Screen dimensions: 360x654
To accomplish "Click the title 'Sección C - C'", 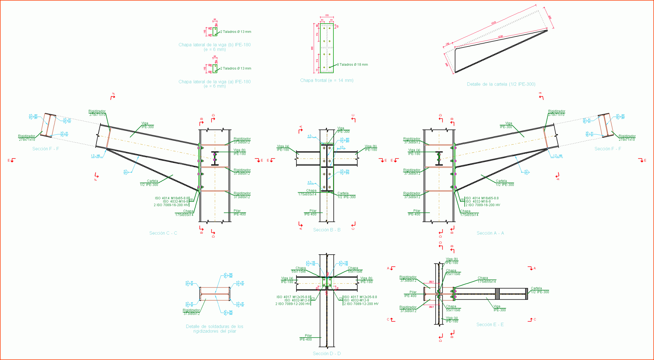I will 163,233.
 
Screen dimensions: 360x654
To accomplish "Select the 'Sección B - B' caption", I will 327,230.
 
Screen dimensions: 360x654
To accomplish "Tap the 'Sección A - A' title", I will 490,233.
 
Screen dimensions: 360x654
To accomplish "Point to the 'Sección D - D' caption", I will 327,354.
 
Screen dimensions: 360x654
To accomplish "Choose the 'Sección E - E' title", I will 490,325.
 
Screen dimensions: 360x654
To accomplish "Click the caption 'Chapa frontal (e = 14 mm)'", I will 327,80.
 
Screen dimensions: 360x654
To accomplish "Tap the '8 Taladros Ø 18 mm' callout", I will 353,65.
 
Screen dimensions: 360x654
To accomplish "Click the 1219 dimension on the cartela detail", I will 493,23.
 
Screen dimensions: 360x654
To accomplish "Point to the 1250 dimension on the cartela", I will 500,37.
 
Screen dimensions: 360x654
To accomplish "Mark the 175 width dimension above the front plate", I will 327,15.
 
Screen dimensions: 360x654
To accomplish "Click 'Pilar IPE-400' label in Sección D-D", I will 306,338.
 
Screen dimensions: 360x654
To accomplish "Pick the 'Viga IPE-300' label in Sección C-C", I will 147,125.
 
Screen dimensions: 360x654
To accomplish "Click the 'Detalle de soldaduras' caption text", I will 215,329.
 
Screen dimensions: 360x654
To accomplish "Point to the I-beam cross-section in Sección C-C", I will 215,158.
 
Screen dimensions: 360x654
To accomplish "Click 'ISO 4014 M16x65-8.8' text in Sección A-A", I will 482,198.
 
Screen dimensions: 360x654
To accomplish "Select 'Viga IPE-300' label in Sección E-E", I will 499,308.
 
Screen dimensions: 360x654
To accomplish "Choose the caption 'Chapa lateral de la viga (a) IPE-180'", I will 215,84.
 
